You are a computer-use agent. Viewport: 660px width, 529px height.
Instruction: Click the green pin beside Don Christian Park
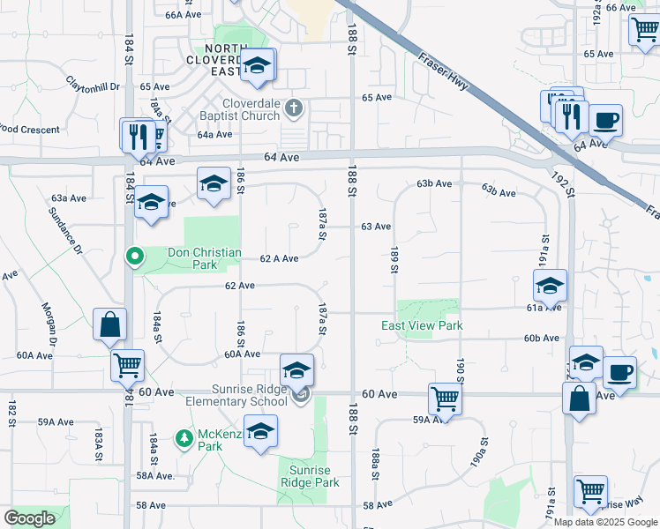click(134, 257)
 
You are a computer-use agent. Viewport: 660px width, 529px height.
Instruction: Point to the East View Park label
click(422, 325)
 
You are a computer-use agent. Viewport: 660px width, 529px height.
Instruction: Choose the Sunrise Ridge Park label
click(310, 477)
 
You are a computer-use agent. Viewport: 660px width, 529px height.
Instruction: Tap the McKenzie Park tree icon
click(184, 438)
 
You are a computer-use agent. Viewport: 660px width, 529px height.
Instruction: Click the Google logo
click(29, 518)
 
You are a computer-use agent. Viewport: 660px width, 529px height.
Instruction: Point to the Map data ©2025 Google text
click(605, 522)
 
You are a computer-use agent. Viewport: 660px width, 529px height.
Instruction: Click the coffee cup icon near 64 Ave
click(605, 120)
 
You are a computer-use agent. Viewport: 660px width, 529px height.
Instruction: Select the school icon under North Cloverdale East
click(258, 66)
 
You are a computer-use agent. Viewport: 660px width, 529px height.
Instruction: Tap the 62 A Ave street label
click(279, 258)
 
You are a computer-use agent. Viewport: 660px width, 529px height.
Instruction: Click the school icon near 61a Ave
click(550, 286)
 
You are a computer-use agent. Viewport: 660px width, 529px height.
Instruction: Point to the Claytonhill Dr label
click(92, 86)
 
